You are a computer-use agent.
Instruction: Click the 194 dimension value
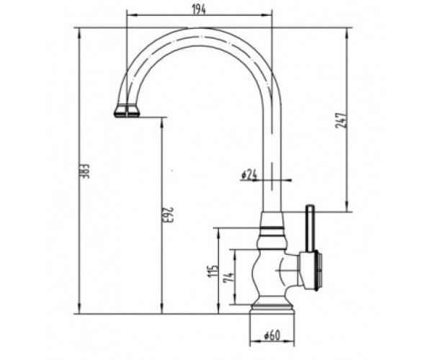[199, 9]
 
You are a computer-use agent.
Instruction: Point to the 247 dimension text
[341, 120]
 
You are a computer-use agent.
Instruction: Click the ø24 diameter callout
[249, 175]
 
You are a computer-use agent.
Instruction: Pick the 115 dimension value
[214, 271]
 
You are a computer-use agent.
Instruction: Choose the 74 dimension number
[229, 276]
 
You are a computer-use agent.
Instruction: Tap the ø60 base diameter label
[271, 336]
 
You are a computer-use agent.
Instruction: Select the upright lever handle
[310, 229]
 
